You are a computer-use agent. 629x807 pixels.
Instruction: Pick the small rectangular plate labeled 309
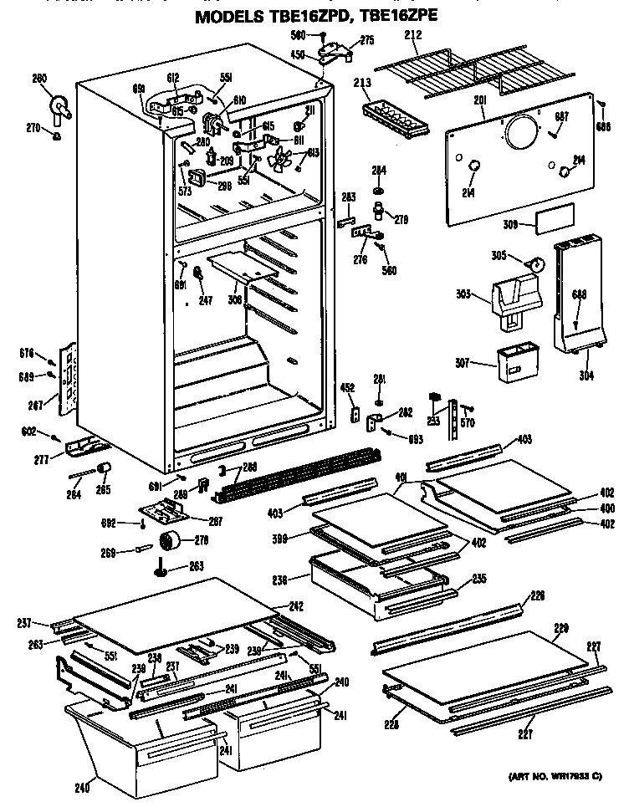555,219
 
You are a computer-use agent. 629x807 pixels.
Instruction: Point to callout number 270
33,128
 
